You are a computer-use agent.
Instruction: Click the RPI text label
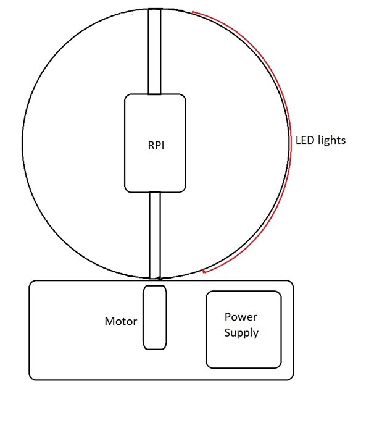[x=155, y=147]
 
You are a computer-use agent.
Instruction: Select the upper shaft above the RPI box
[x=154, y=52]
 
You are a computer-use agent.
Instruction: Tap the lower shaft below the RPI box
[x=154, y=235]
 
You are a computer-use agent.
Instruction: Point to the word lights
[x=331, y=141]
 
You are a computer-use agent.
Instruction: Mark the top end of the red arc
[x=193, y=12]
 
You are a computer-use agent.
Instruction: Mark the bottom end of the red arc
[x=204, y=272]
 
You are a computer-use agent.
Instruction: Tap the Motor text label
[x=121, y=321]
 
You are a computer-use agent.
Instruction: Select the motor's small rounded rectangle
[x=154, y=317]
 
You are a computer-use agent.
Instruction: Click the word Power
[x=241, y=317]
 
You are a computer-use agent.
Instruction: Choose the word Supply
[x=241, y=333]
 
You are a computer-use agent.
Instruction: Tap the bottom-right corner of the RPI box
[x=185, y=190]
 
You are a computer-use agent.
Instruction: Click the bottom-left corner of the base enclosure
[x=31, y=377]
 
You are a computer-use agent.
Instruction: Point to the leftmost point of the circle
[x=22, y=143]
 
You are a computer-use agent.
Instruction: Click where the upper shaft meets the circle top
[x=154, y=10]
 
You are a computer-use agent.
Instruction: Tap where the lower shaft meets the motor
[x=154, y=283]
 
